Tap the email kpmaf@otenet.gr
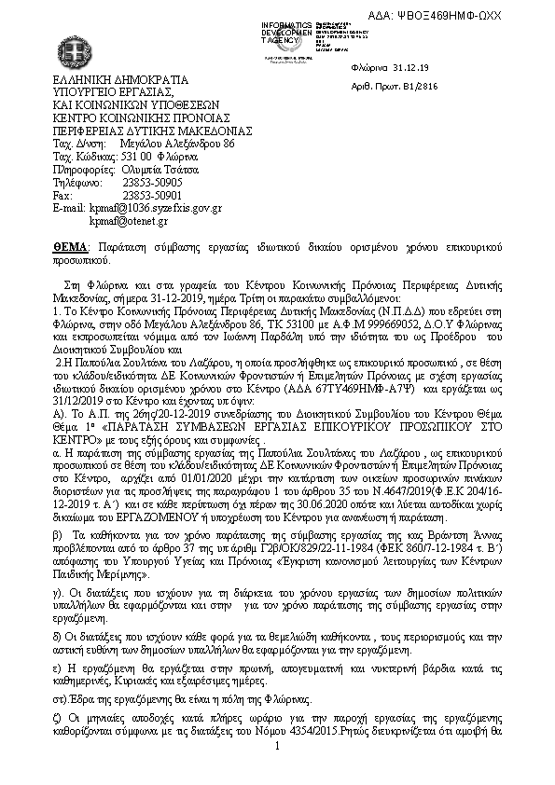128,222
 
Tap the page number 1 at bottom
278,747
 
